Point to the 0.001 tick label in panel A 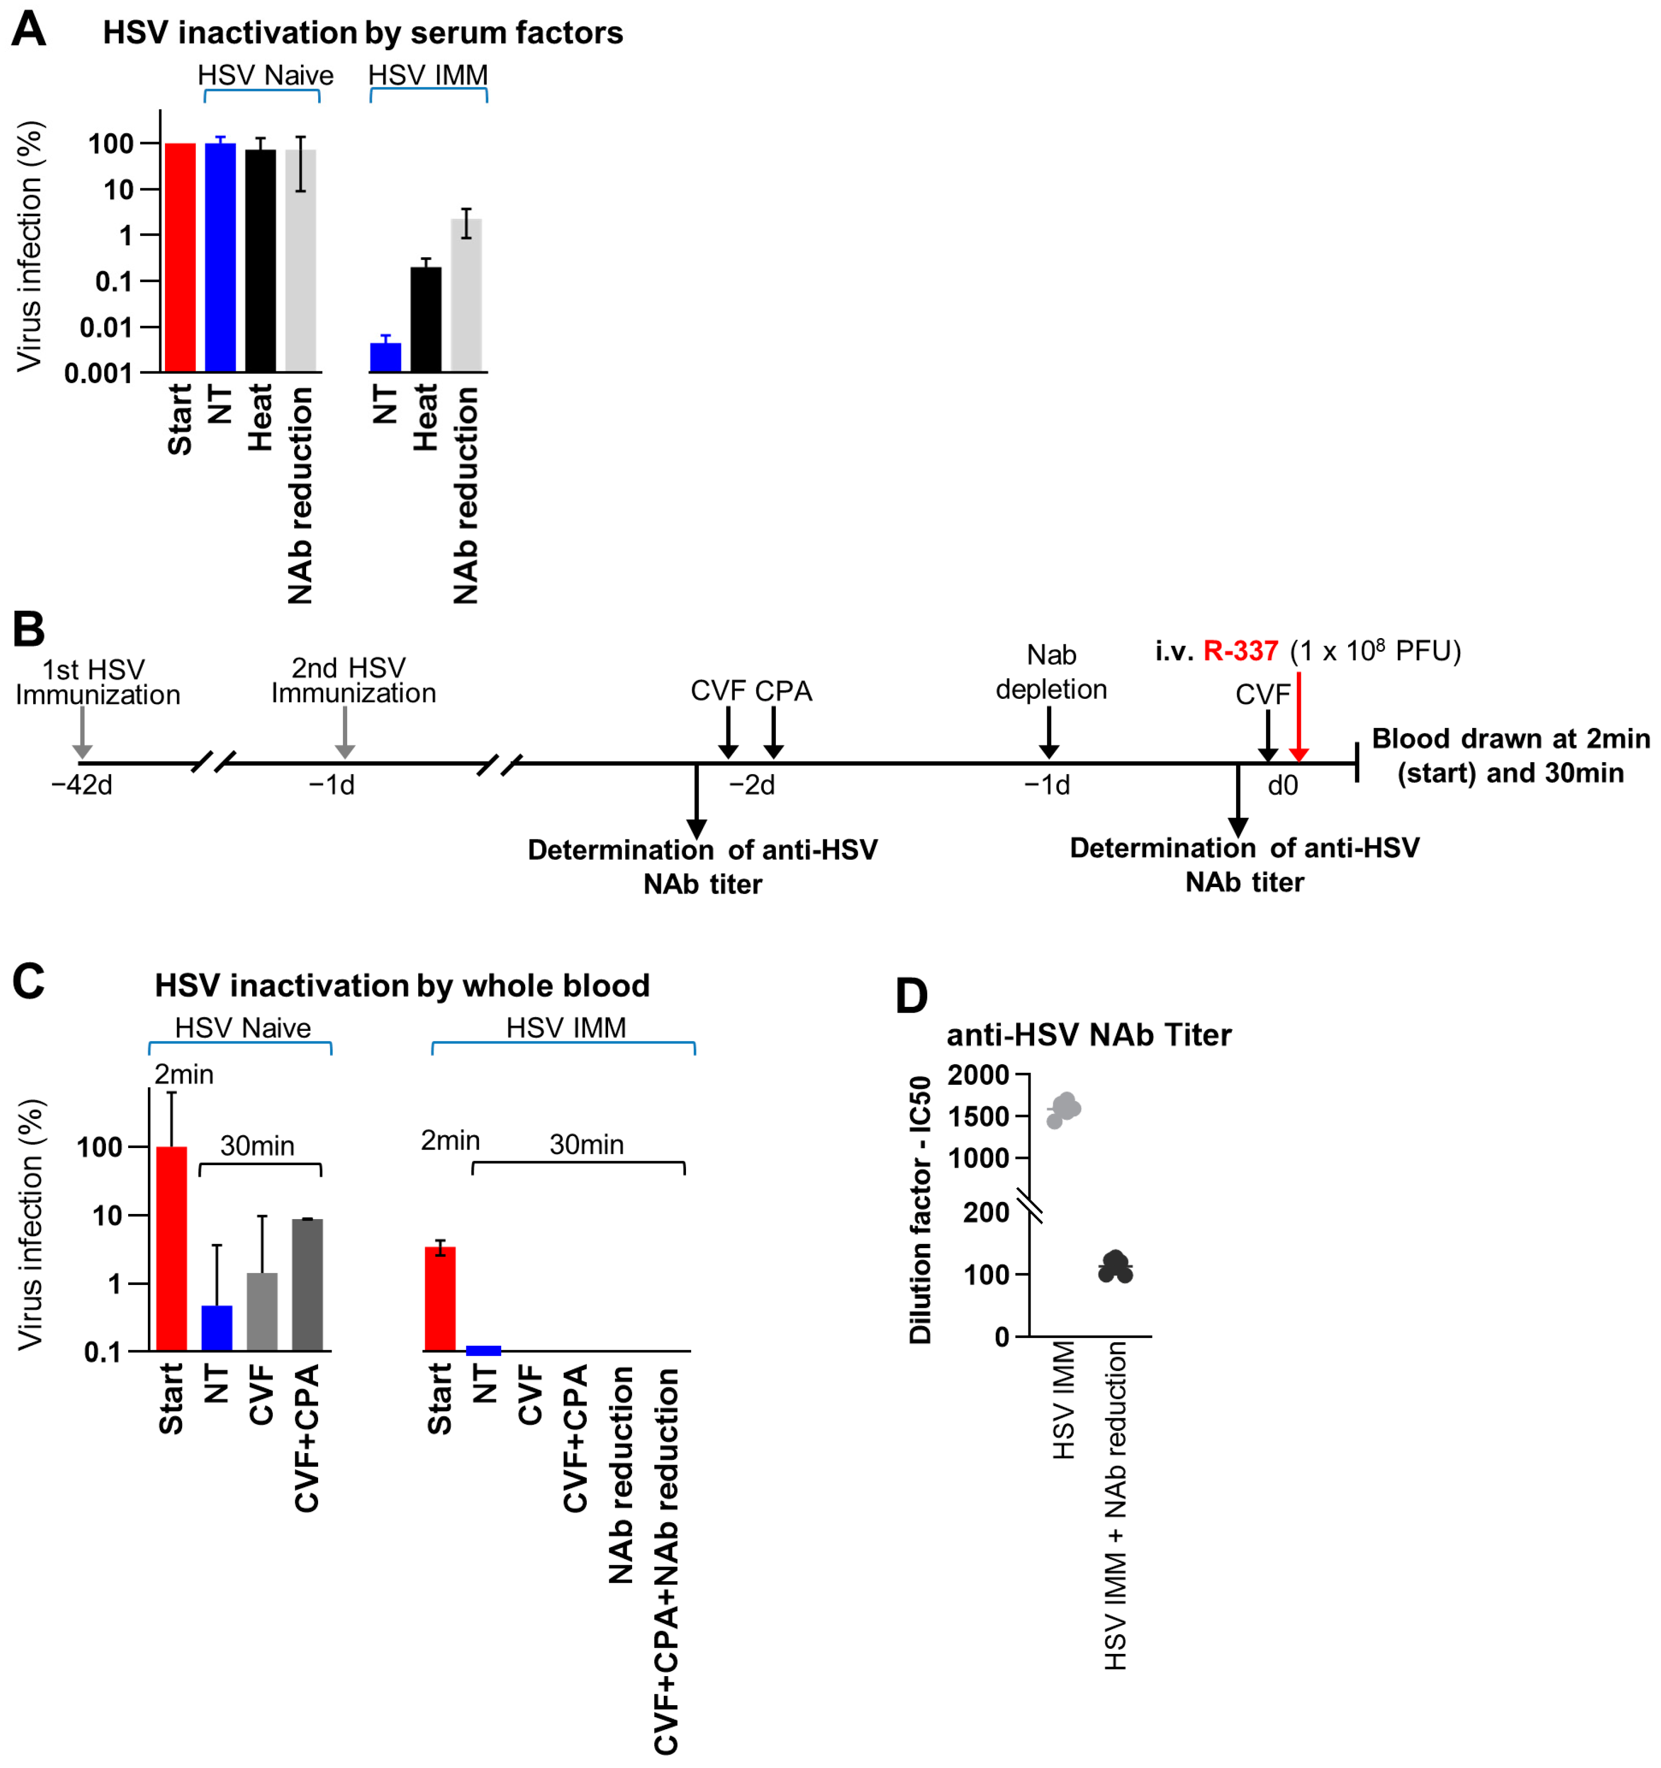[98, 374]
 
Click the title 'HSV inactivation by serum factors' [362, 33]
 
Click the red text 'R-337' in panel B [1240, 651]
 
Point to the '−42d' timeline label [82, 786]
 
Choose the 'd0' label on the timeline [1282, 786]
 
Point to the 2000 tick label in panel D [978, 1075]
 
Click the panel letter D [911, 996]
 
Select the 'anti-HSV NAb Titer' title [1088, 1035]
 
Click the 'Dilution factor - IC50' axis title [920, 1209]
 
